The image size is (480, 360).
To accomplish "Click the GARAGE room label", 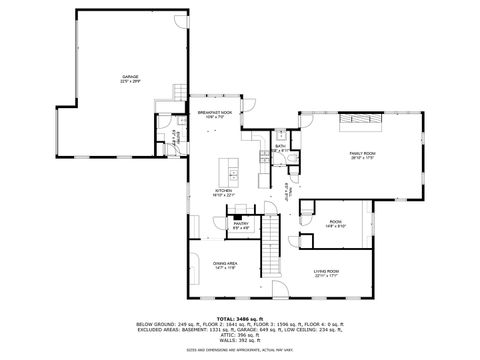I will click(x=130, y=76).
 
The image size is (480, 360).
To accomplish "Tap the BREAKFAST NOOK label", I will click(x=216, y=113).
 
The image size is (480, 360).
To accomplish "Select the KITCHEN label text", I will click(x=223, y=190).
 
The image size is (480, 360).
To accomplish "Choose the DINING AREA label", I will click(x=225, y=263).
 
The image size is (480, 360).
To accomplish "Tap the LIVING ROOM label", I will click(x=326, y=271).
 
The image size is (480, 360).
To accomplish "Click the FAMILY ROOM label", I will click(x=361, y=152).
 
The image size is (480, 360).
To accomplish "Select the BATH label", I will click(x=281, y=146).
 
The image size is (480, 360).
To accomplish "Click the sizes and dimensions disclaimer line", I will click(x=239, y=350).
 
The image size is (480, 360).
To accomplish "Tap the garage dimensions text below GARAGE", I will click(x=130, y=82).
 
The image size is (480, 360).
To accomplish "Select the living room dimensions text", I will click(x=326, y=277).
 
